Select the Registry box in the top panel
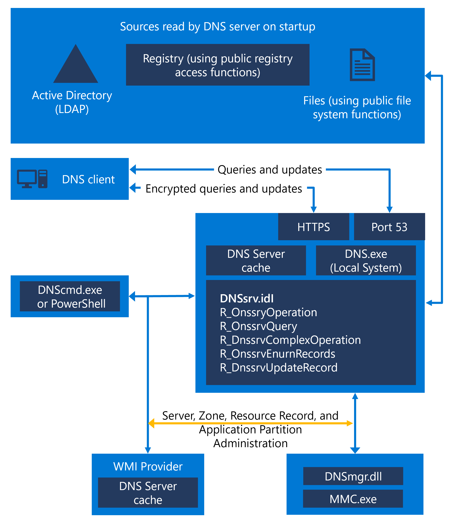pos(218,65)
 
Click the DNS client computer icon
pos(32,179)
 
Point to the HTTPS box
pos(313,227)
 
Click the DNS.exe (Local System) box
pos(366,260)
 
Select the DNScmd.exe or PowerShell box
pos(70,297)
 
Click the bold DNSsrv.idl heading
pos(247,298)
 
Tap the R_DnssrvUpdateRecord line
pos(278,368)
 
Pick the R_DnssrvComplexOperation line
pos(290,340)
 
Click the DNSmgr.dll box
pos(353,476)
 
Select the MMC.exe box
pos(353,499)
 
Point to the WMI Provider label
pos(148,466)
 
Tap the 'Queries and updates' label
pos(270,170)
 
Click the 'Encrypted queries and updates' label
pos(224,189)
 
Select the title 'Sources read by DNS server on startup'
pos(218,27)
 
